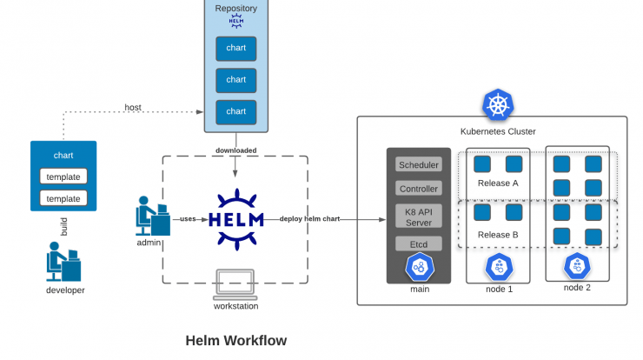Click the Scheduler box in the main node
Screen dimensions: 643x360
419,164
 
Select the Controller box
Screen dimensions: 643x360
419,189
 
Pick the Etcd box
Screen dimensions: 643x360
419,243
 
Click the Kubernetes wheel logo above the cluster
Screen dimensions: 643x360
498,104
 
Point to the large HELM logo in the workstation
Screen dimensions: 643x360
236,220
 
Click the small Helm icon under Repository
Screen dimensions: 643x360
236,21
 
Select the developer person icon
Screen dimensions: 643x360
63,262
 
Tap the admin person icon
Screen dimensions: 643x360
153,216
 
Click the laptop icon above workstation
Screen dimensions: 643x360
235,284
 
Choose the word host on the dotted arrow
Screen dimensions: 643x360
133,107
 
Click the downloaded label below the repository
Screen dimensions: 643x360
236,150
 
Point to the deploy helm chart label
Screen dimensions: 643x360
309,219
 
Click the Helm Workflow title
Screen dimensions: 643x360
236,340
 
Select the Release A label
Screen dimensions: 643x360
498,183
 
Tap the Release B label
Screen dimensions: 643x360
498,235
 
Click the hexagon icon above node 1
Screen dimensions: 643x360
499,267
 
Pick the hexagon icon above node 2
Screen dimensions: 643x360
577,266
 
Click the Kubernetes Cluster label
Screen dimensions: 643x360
498,131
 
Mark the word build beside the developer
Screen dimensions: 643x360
63,227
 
